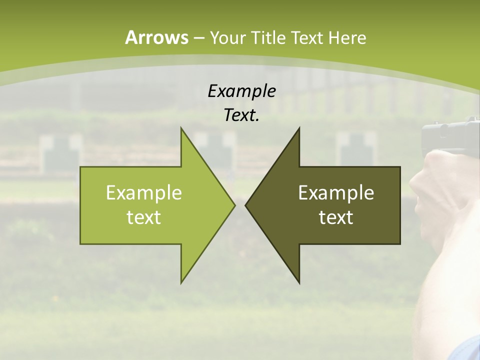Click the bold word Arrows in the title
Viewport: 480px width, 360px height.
(x=156, y=37)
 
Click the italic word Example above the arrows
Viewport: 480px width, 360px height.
(x=241, y=91)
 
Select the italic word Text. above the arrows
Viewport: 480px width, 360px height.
(x=241, y=115)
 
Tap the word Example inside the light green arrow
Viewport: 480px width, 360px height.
(x=144, y=193)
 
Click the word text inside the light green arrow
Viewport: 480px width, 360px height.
(x=144, y=217)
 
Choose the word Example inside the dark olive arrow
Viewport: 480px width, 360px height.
(x=336, y=193)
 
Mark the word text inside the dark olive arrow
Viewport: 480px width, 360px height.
(x=336, y=217)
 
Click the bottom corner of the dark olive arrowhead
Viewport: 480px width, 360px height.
(x=299, y=282)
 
